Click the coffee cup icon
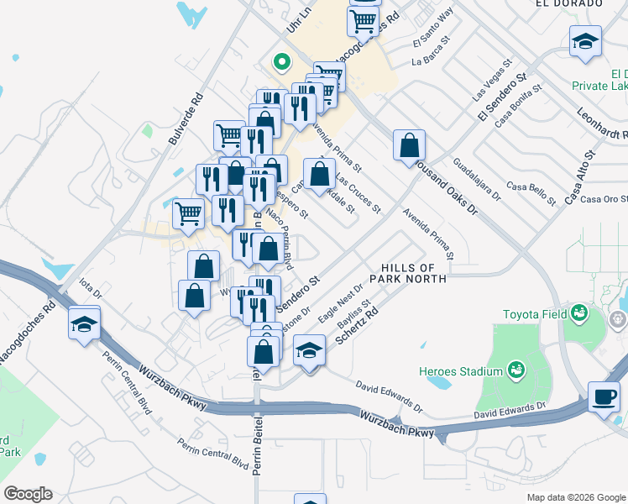tap(603, 396)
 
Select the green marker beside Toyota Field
tap(578, 313)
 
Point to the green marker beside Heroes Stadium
tap(515, 370)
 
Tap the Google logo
tap(28, 494)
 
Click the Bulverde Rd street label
tap(186, 118)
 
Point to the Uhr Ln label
tap(299, 19)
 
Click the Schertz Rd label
tap(358, 327)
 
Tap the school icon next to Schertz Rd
tap(310, 350)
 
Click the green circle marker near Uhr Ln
tap(282, 61)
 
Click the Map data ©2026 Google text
tap(575, 497)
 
